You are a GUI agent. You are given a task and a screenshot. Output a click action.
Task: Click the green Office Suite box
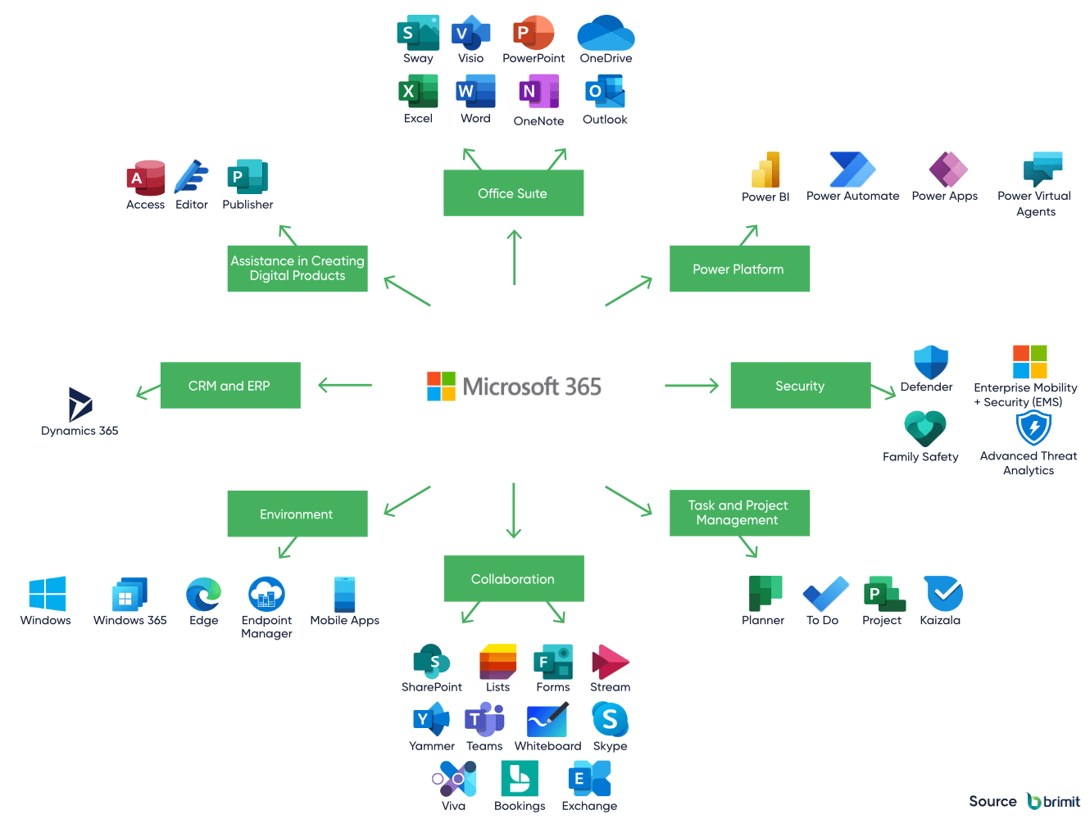click(x=513, y=193)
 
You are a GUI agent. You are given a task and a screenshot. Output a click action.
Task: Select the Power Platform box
click(x=738, y=269)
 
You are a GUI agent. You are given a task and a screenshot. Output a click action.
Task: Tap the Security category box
click(x=800, y=386)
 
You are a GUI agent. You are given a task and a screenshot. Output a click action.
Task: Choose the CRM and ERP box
click(x=229, y=386)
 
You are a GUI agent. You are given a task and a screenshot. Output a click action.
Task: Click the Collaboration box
click(x=513, y=579)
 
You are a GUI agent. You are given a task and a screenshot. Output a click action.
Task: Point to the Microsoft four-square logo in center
click(x=441, y=386)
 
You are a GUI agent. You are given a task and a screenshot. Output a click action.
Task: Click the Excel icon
click(x=418, y=92)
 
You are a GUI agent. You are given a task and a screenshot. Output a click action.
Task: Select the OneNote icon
click(x=538, y=92)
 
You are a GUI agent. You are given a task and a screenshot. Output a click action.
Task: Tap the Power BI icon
click(x=765, y=170)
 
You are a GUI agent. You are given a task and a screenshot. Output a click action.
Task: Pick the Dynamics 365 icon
click(x=79, y=404)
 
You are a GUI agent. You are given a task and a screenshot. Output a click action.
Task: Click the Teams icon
click(x=484, y=720)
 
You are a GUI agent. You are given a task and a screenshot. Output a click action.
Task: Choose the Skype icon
click(x=610, y=720)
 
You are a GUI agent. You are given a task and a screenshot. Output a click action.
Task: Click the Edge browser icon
click(x=203, y=594)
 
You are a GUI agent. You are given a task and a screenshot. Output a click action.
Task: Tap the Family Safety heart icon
click(x=924, y=428)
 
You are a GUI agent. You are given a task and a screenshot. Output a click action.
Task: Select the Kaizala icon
click(x=943, y=593)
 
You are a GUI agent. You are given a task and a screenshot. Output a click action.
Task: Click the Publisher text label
click(x=248, y=205)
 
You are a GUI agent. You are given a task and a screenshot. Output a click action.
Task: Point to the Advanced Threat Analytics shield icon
click(x=1033, y=428)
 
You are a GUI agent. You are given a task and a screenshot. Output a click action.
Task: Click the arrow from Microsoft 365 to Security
click(x=691, y=386)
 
